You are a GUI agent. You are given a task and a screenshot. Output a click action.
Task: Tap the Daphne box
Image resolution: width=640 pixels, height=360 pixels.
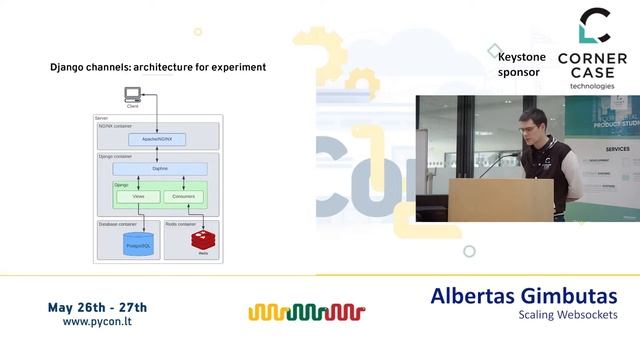coord(160,169)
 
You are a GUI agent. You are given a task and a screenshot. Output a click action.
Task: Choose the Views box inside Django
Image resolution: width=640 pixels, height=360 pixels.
coord(139,196)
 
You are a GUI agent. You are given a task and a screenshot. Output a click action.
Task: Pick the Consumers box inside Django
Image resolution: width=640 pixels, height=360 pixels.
coord(181,196)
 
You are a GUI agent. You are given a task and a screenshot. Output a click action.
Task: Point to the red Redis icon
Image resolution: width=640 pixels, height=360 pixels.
coord(204,239)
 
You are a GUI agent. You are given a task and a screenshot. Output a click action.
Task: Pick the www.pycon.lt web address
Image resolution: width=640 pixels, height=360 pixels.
coord(97,323)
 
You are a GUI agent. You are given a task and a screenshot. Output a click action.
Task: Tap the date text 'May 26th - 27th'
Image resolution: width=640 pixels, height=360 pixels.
coord(97,306)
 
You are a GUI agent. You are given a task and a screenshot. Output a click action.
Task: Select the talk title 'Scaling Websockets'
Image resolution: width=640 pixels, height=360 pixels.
coord(567,315)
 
